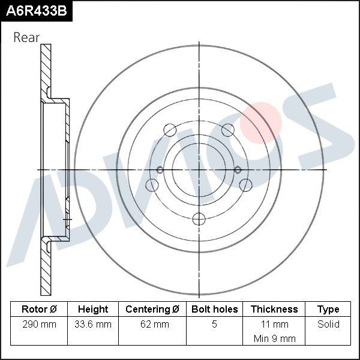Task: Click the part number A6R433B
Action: point(35,10)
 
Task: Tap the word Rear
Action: point(26,38)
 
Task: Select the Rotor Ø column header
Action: point(39,310)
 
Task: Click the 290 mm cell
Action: point(39,325)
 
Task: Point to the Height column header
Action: point(93,310)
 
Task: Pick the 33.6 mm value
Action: point(93,325)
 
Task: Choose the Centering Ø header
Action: point(152,310)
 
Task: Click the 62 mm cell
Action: point(152,325)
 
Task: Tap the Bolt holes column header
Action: point(214,310)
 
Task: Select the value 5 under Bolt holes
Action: point(214,325)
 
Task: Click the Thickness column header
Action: point(274,310)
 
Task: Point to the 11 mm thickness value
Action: point(274,325)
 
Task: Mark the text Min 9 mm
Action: point(274,338)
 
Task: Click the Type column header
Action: point(328,310)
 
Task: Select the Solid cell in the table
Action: point(328,325)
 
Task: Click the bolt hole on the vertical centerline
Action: point(199,219)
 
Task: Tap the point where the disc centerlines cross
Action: point(199,170)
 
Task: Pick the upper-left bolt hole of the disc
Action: point(169,130)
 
